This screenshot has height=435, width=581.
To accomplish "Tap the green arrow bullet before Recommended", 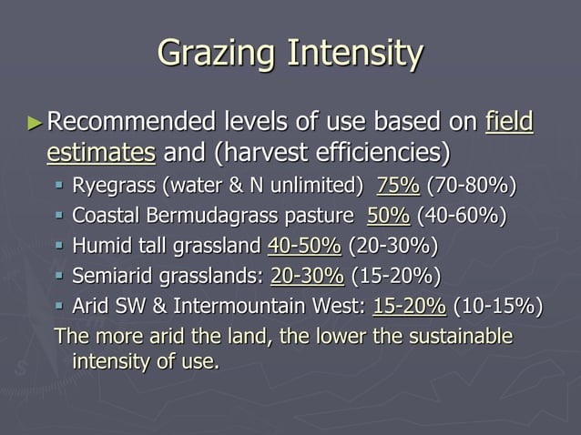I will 35,121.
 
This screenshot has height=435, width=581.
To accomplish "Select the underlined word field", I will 510,121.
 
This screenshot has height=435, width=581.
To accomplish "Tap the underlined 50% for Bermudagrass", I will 388,217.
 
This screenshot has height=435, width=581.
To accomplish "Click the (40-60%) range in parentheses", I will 461,217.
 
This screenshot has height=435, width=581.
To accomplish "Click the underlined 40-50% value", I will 304,246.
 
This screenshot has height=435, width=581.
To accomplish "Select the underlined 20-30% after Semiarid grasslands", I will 307,276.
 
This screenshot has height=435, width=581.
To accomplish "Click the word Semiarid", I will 109,276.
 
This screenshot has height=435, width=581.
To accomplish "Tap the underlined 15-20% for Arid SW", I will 410,306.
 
